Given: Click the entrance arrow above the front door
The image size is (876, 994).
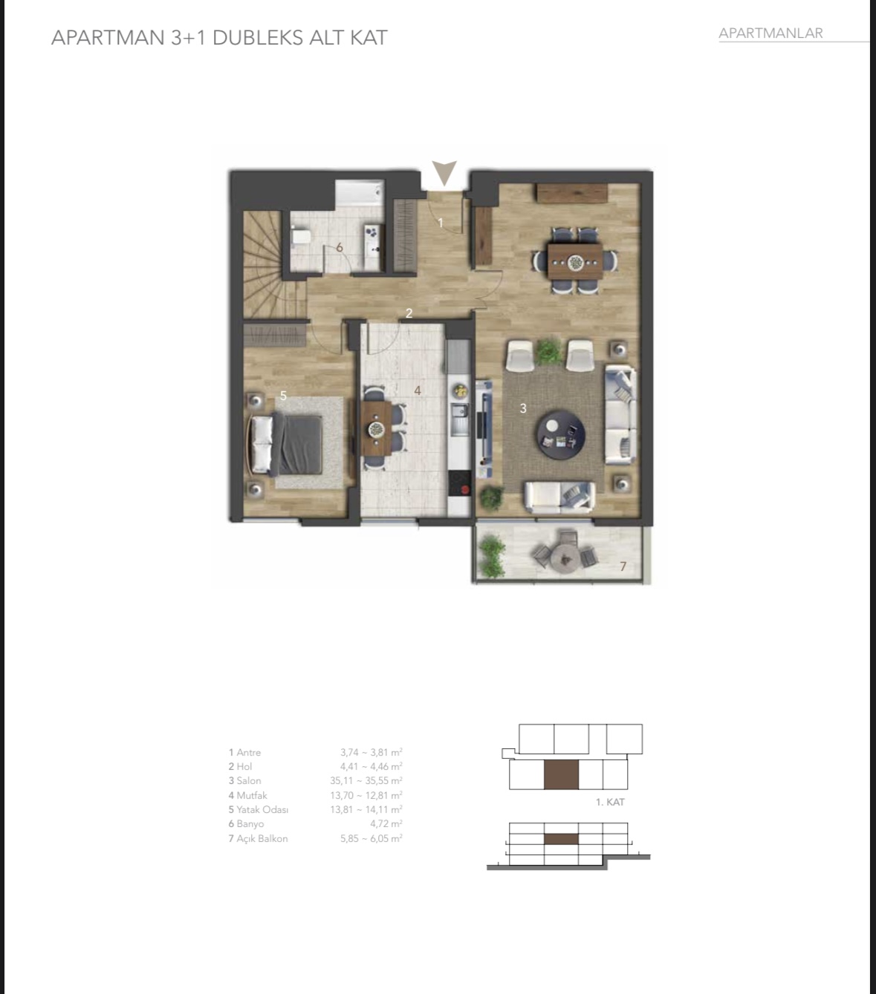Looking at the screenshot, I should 445,173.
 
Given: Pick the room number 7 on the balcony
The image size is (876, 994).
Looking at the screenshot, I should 623,567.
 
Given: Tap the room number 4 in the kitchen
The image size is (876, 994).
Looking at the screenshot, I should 418,390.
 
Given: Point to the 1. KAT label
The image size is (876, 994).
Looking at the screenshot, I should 610,802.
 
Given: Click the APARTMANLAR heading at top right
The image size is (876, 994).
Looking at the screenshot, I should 770,33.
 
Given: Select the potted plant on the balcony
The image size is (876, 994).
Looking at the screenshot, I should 492,556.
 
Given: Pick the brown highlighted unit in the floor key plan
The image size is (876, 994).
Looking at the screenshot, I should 561,774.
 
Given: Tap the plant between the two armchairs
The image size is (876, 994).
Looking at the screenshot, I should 549,350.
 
